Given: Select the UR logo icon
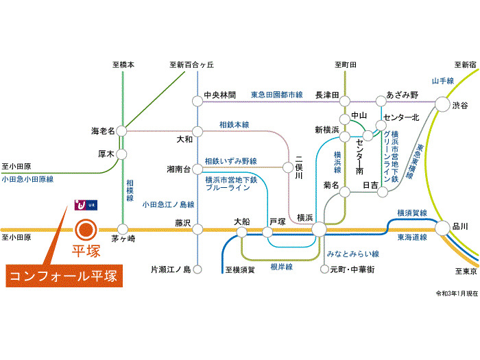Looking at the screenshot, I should point(84,205).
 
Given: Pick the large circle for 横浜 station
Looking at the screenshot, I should point(319,228).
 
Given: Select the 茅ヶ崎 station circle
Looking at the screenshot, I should point(123,229).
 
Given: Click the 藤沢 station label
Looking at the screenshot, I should point(182,221).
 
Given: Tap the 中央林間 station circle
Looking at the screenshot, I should point(197,101).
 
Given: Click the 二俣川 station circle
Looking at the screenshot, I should point(288,166).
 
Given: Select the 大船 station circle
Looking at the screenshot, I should point(242,232).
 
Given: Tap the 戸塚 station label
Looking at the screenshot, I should point(277,221).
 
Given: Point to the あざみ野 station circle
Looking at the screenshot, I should point(383,101).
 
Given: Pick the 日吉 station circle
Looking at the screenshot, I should point(383,191).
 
